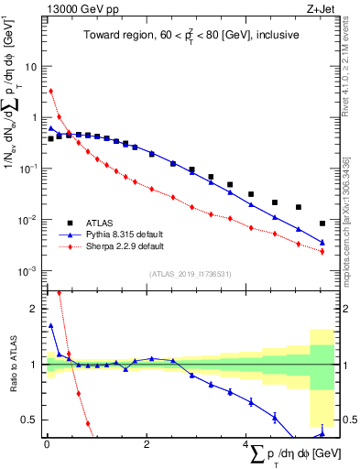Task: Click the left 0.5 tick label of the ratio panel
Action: pyautogui.click(x=29, y=420)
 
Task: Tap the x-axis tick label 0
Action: pyautogui.click(x=47, y=445)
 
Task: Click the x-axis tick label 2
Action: pyautogui.click(x=147, y=445)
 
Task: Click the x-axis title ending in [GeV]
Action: pyautogui.click(x=284, y=454)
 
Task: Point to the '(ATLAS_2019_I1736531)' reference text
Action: pyautogui.click(x=191, y=274)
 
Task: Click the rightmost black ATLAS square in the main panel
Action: pyautogui.click(x=322, y=223)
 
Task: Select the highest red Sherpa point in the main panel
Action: pyautogui.click(x=51, y=91)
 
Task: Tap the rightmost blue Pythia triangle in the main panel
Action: pyautogui.click(x=322, y=242)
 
